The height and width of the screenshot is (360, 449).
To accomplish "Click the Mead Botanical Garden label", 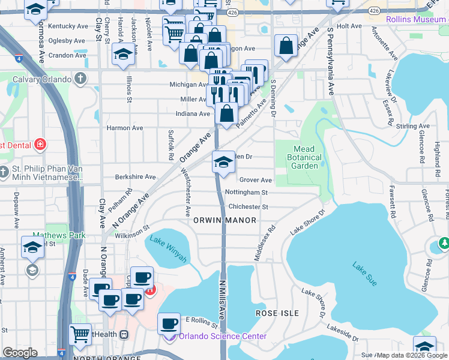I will [x=307, y=157].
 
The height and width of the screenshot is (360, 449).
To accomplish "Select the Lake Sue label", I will [x=364, y=274].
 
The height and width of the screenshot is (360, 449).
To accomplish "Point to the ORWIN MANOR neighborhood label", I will [x=225, y=220].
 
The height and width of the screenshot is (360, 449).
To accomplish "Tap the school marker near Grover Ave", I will [x=223, y=162].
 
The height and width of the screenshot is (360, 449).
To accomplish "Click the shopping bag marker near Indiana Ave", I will [x=226, y=113].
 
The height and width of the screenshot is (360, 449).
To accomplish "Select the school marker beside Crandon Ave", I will [x=123, y=55].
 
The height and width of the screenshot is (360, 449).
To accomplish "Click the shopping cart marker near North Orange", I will [x=80, y=335].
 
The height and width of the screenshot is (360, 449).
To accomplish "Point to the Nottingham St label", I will [x=246, y=193].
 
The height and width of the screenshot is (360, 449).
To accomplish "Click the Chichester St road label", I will [x=248, y=206].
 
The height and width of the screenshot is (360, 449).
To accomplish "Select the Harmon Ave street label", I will [x=125, y=128].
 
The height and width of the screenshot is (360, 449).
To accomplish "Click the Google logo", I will [x=20, y=353].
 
